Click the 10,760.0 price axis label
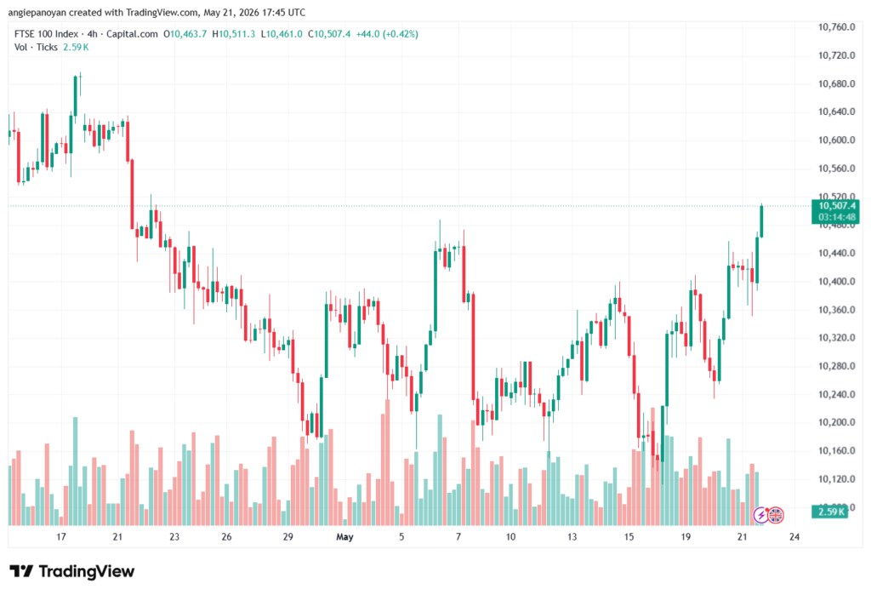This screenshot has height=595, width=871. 836,27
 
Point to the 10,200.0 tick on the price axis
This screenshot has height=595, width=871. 836,422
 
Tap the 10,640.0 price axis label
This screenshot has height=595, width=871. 836,112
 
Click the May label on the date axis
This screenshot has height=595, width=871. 345,536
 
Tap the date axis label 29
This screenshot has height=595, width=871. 287,536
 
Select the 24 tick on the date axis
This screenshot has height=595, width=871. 794,536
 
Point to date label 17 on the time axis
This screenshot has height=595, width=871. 61,536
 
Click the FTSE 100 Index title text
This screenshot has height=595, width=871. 46,34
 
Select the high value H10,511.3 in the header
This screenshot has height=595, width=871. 234,34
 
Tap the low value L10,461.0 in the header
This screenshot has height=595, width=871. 282,34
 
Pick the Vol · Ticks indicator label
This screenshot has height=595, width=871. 36,48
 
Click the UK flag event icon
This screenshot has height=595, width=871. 776,516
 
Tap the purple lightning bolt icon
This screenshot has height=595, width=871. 761,516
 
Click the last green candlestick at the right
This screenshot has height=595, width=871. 761,221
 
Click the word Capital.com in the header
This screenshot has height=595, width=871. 132,34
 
